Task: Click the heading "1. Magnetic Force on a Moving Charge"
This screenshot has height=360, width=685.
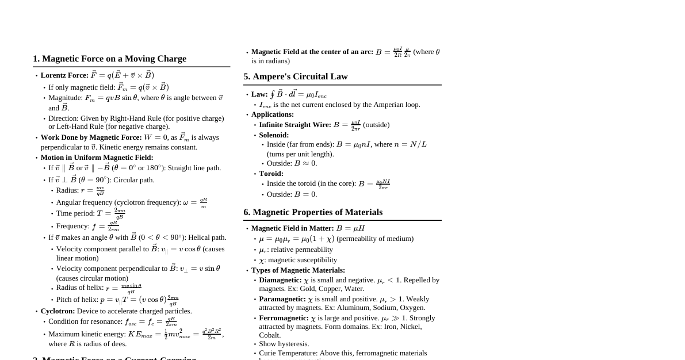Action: click(109, 59)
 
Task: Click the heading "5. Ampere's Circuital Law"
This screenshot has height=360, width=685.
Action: click(295, 76)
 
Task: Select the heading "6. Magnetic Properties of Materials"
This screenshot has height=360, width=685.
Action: click(313, 212)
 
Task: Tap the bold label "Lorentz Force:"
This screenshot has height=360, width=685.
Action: click(64, 75)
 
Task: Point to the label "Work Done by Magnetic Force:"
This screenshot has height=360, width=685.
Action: click(91, 137)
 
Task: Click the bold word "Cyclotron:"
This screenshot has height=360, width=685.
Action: click(58, 311)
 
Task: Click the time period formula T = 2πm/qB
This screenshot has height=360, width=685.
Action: click(110, 213)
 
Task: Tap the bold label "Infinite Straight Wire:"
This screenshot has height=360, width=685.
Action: click(295, 125)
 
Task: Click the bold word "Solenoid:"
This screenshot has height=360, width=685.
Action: click(274, 135)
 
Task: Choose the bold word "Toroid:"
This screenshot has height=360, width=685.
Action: click(271, 174)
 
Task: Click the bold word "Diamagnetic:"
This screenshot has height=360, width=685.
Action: click(280, 280)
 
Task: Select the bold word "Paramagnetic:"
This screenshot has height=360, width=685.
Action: click(282, 299)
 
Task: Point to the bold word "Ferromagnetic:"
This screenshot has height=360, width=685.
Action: click(284, 318)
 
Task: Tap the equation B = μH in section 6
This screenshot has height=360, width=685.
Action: click(350, 228)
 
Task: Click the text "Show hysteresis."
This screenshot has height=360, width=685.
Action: click(284, 344)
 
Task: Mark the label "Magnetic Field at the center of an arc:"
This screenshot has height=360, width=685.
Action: click(312, 52)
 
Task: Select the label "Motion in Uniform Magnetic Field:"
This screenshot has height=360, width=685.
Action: click(97, 158)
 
